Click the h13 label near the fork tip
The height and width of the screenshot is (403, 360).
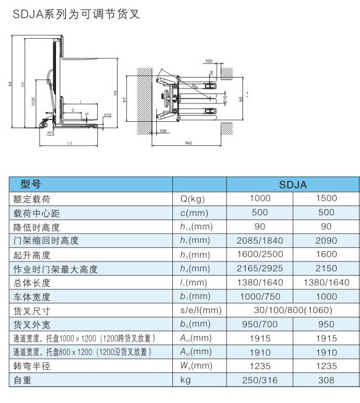tap(107, 115)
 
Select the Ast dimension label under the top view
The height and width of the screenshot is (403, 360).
tap(188, 143)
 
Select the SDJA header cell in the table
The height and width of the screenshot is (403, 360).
tap(293, 184)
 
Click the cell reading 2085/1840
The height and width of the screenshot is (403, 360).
tap(260, 241)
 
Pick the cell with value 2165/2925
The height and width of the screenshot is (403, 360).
tap(260, 269)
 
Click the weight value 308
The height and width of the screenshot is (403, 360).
tap(326, 381)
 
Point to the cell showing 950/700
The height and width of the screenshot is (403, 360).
tap(260, 324)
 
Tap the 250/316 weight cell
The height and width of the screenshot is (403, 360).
tap(260, 381)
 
